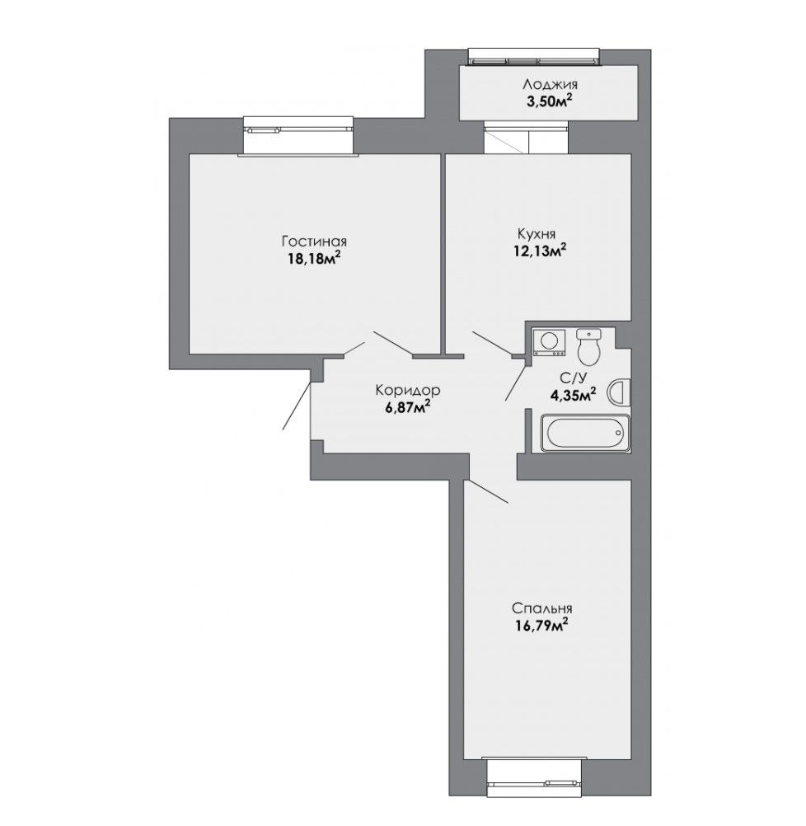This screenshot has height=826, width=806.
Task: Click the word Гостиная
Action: point(314,242)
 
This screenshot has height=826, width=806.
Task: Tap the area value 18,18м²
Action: point(314,258)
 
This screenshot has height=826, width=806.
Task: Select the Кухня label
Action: point(537,233)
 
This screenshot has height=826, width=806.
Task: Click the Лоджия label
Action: point(550,84)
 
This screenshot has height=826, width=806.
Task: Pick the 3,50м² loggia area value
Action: point(550,101)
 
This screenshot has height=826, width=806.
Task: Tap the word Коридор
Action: point(407,391)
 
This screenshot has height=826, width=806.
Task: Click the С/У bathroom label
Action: point(572,378)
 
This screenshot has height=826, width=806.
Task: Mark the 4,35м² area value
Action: point(573,394)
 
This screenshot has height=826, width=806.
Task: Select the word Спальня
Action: point(541,608)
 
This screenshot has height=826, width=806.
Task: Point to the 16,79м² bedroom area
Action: point(541,625)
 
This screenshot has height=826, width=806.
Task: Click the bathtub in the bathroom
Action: point(585,433)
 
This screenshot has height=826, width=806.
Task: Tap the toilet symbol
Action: point(588,347)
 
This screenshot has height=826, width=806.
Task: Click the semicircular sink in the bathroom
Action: point(618,392)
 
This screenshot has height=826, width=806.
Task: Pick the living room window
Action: point(298,137)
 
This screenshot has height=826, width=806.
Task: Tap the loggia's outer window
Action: point(534,57)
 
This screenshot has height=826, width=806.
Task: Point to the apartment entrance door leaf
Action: point(298,406)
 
